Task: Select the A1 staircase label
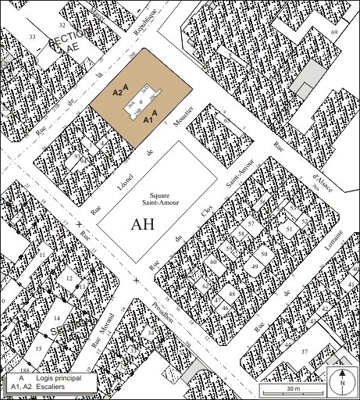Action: coord(149,121)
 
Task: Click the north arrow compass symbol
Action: coord(341,381)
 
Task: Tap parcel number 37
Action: coord(305,351)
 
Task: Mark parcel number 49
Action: coord(254,267)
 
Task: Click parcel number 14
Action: coord(56,319)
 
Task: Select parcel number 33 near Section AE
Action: coord(32,37)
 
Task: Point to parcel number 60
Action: coord(212,262)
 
